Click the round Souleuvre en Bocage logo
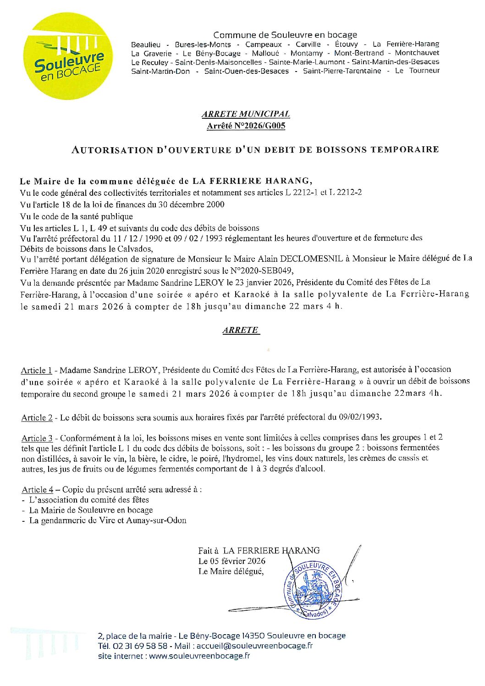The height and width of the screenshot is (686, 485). pos(69,56)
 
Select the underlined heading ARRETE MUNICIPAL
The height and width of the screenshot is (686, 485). pos(246,114)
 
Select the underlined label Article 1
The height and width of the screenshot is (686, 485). pos(36,371)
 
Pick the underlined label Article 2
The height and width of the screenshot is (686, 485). pos(37,418)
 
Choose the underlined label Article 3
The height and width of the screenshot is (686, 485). pos(37,438)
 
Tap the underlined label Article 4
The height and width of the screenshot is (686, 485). pos(37,490)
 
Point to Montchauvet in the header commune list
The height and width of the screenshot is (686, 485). pos(417,53)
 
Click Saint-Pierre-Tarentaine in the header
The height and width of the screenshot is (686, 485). pos(342,71)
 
